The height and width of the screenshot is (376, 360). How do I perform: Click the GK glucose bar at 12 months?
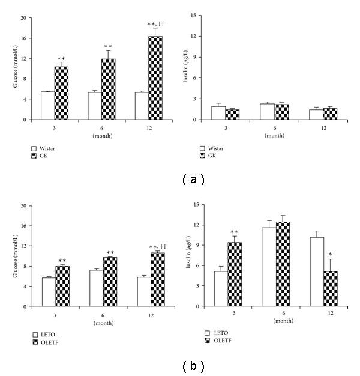point(155,78)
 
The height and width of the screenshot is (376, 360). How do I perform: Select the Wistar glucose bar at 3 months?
point(47,106)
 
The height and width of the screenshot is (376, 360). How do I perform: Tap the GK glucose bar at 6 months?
point(109,89)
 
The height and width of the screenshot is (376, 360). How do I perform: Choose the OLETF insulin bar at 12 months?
point(331,289)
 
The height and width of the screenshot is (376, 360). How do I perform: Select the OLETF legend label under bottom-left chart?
point(50,342)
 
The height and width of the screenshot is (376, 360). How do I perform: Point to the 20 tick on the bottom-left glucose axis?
point(23,205)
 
